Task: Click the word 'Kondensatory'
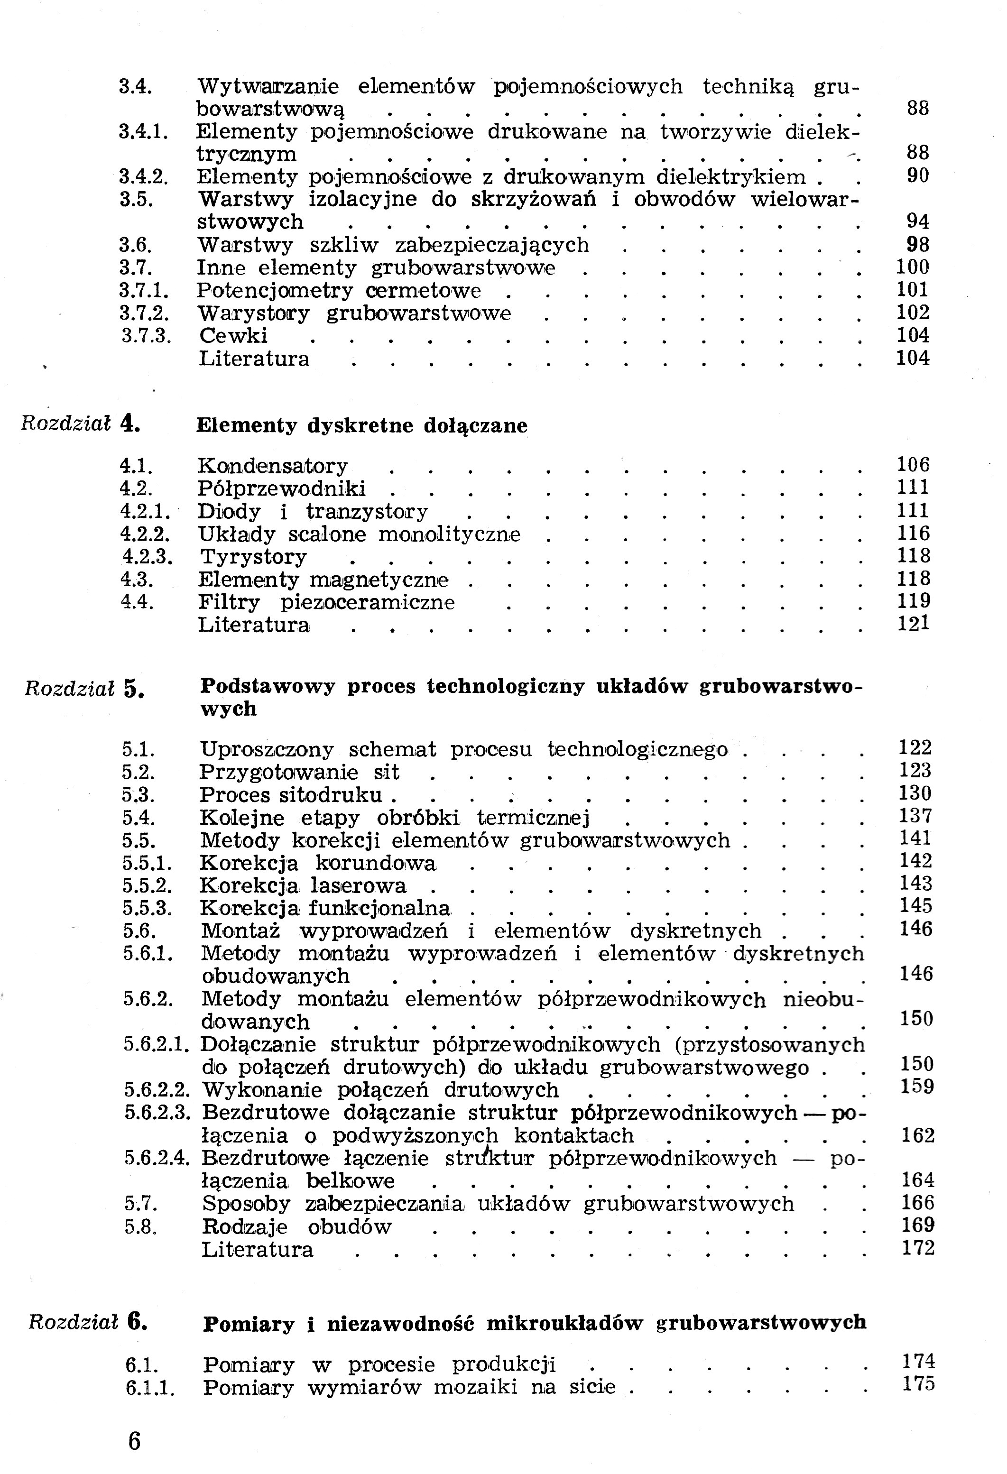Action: coord(273,466)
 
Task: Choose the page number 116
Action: coord(913,534)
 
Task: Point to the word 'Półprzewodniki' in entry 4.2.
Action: coord(282,489)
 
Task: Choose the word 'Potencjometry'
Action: coord(275,291)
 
